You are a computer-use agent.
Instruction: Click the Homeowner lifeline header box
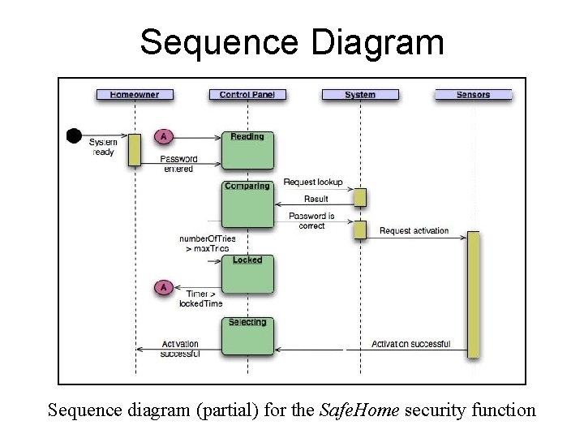(134, 95)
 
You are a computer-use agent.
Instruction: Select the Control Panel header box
(247, 95)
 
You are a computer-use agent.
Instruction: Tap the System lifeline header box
(359, 95)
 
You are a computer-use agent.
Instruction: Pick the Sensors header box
(473, 95)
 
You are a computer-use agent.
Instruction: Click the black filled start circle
(74, 135)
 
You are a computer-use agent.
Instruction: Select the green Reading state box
(247, 150)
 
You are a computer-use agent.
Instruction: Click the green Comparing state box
(247, 204)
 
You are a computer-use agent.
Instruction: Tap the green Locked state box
(247, 274)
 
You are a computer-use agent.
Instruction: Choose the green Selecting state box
(247, 336)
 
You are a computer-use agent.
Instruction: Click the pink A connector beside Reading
(163, 135)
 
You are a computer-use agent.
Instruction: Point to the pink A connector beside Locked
(163, 286)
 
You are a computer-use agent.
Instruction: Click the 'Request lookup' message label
(312, 182)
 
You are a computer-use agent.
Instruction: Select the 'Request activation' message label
(414, 231)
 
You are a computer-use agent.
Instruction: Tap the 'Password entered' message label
(178, 164)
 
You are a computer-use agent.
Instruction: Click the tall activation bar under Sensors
(473, 294)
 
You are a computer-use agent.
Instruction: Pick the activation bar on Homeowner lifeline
(135, 149)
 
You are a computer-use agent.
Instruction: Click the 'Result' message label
(316, 199)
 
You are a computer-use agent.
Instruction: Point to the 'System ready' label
(103, 147)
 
